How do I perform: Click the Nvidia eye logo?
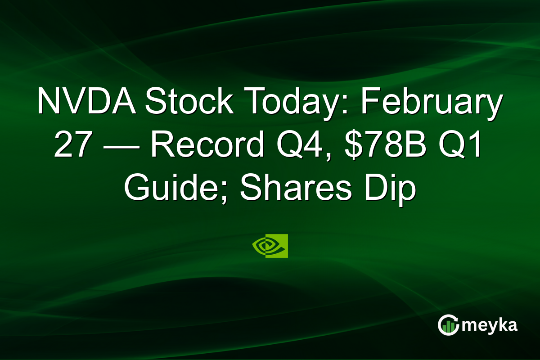point(270,246)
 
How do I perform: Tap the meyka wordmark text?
point(489,325)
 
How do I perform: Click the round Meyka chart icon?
point(448,325)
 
